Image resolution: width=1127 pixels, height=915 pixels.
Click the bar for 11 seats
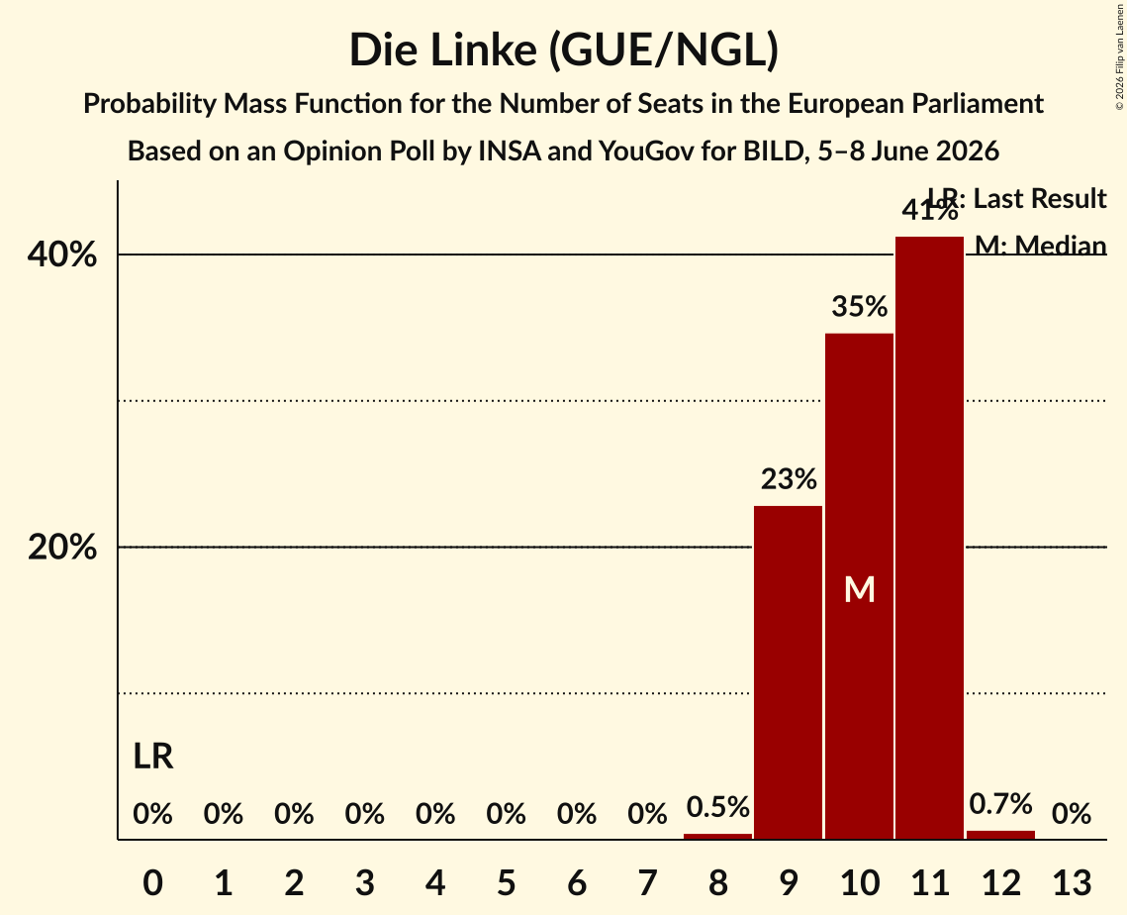[x=929, y=538]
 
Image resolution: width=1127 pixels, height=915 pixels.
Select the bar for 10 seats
[x=859, y=586]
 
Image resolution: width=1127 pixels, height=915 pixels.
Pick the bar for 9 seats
[x=788, y=672]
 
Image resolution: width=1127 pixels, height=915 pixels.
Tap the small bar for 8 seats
[x=717, y=836]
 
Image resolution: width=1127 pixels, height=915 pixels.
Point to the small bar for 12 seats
[x=1000, y=835]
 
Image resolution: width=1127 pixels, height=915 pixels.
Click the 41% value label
[x=930, y=210]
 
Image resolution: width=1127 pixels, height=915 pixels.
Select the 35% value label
[x=860, y=307]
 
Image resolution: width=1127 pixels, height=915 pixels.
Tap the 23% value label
[x=789, y=479]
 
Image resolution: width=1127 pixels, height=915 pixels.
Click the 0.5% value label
[x=718, y=807]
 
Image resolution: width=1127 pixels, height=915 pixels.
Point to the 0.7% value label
[x=1000, y=804]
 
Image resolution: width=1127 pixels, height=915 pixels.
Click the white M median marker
[x=860, y=590]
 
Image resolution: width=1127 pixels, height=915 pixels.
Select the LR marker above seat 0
[x=153, y=757]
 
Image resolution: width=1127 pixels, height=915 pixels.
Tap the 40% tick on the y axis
[x=61, y=254]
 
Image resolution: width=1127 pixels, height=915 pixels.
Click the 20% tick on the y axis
[x=61, y=548]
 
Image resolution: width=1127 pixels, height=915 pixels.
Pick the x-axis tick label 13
[x=1072, y=882]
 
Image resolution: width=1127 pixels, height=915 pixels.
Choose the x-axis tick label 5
[x=506, y=882]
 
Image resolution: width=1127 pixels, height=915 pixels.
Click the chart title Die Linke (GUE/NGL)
[x=564, y=51]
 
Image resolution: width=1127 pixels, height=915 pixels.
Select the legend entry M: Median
[x=1040, y=246]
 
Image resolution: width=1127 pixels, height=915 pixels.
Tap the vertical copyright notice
[x=1119, y=56]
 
